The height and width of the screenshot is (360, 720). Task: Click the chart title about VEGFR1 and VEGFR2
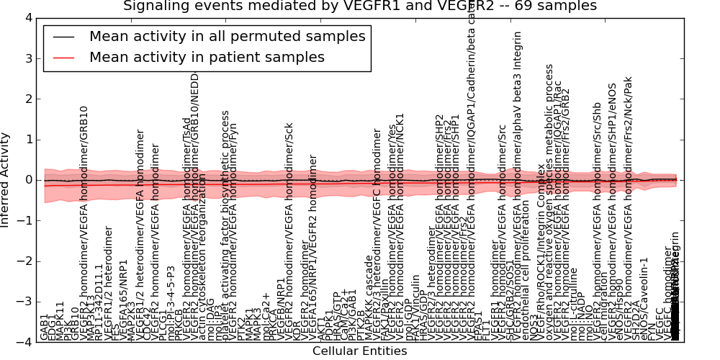tap(359, 6)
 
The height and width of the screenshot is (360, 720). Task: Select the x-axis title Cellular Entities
tap(359, 351)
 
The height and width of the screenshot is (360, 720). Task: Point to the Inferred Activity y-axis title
tap(6, 180)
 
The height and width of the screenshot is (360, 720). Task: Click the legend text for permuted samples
tap(228, 36)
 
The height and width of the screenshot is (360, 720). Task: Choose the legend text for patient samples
tap(207, 57)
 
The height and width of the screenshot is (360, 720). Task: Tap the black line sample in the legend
tap(63, 36)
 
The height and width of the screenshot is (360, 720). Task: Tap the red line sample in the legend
tap(63, 57)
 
